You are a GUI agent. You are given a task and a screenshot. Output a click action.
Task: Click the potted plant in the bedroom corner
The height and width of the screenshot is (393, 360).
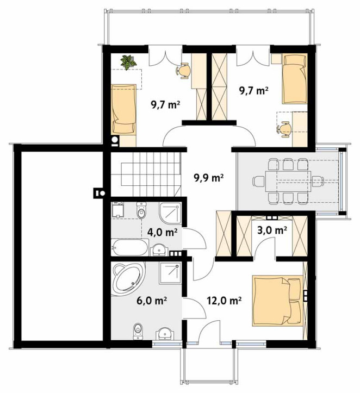click(128, 62)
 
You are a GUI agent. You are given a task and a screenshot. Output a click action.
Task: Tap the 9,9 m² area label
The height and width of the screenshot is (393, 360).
click(209, 178)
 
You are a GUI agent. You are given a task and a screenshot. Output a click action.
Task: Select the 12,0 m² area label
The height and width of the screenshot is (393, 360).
click(225, 300)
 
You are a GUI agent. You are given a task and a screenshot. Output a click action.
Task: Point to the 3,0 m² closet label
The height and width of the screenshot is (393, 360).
click(272, 230)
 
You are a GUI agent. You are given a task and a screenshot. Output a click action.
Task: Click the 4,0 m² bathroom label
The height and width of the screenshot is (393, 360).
click(163, 232)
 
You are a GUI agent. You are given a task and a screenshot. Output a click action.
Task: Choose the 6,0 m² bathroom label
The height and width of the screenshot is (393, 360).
click(152, 300)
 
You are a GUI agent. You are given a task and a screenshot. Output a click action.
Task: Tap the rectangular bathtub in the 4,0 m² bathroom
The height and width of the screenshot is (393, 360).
click(129, 247)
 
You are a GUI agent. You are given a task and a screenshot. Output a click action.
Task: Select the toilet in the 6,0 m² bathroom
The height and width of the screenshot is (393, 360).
click(138, 331)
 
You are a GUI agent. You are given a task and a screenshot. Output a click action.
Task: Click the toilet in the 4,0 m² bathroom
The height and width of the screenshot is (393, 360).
click(141, 210)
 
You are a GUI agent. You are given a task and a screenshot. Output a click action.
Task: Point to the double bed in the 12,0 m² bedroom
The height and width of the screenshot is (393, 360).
click(277, 301)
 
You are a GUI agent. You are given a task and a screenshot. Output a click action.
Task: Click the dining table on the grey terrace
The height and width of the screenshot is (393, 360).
click(288, 181)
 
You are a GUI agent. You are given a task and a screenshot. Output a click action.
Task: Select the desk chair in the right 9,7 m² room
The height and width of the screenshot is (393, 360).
click(284, 129)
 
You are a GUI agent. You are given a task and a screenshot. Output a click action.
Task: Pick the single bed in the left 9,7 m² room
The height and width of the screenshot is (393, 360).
click(124, 109)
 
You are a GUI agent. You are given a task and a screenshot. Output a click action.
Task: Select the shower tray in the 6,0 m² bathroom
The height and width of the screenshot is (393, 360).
click(170, 273)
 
